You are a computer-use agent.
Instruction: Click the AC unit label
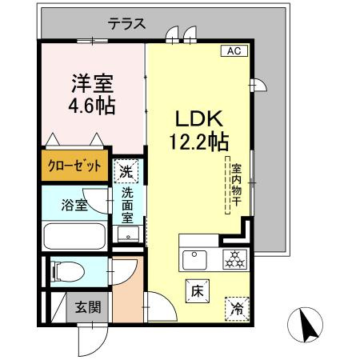[x=234, y=51]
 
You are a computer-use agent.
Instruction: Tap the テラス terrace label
[x=126, y=24]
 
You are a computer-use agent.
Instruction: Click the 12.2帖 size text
[x=198, y=142]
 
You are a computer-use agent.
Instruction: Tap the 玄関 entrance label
[x=88, y=306]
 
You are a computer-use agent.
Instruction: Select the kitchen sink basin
[x=194, y=259]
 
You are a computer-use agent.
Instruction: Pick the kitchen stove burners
[x=234, y=259]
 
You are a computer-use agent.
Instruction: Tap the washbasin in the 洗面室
[x=128, y=234]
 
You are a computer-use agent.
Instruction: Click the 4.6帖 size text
[x=93, y=106]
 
